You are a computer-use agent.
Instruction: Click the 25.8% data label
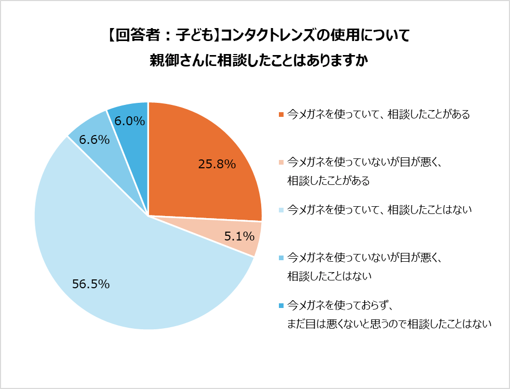217,165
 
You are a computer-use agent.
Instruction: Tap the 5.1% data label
239,237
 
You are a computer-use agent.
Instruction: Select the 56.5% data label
91,284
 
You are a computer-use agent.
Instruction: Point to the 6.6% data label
94,140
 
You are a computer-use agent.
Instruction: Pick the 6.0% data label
129,121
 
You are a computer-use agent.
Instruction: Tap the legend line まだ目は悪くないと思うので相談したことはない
389,324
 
